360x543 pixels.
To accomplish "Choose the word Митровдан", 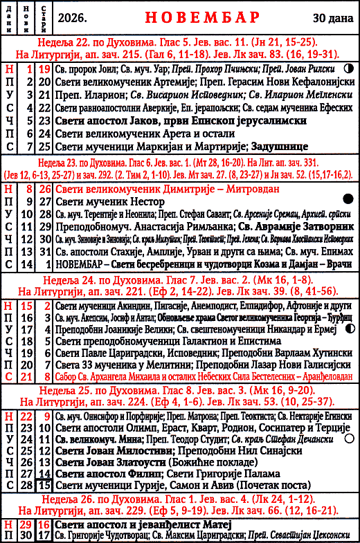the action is pos(230,187).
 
